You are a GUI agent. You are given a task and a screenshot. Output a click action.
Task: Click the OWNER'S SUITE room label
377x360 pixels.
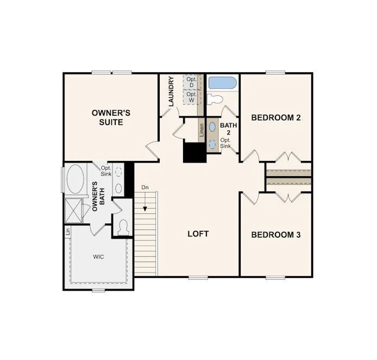point(111,117)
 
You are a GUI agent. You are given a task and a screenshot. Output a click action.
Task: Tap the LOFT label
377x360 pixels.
point(198,234)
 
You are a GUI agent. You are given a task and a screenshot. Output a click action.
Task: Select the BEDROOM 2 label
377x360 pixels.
point(276,117)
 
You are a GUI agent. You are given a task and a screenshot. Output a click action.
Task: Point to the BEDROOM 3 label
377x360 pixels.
point(276,235)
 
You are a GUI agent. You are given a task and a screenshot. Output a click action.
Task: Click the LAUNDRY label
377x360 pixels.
point(171,91)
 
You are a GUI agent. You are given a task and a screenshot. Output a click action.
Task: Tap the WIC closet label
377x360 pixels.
point(98,256)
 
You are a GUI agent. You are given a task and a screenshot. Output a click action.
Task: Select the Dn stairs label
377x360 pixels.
point(145,188)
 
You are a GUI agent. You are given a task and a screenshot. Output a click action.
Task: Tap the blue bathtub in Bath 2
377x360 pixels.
point(222,83)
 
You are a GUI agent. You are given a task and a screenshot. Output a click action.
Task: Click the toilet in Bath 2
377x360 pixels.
point(216,100)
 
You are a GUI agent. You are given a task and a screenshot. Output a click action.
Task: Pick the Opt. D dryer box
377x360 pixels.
point(192,83)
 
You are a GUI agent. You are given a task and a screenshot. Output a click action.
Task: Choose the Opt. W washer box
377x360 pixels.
point(192,97)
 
